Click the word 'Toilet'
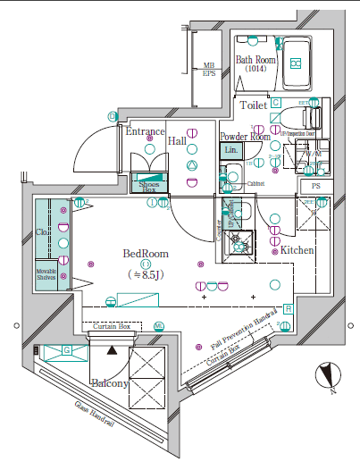(254, 105)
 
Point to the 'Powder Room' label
(245, 137)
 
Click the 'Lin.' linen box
(231, 149)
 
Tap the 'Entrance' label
(144, 132)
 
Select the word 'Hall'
(177, 140)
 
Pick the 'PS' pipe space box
(316, 185)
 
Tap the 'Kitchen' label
(297, 250)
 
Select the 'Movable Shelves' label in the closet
(47, 273)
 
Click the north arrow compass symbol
(328, 374)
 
